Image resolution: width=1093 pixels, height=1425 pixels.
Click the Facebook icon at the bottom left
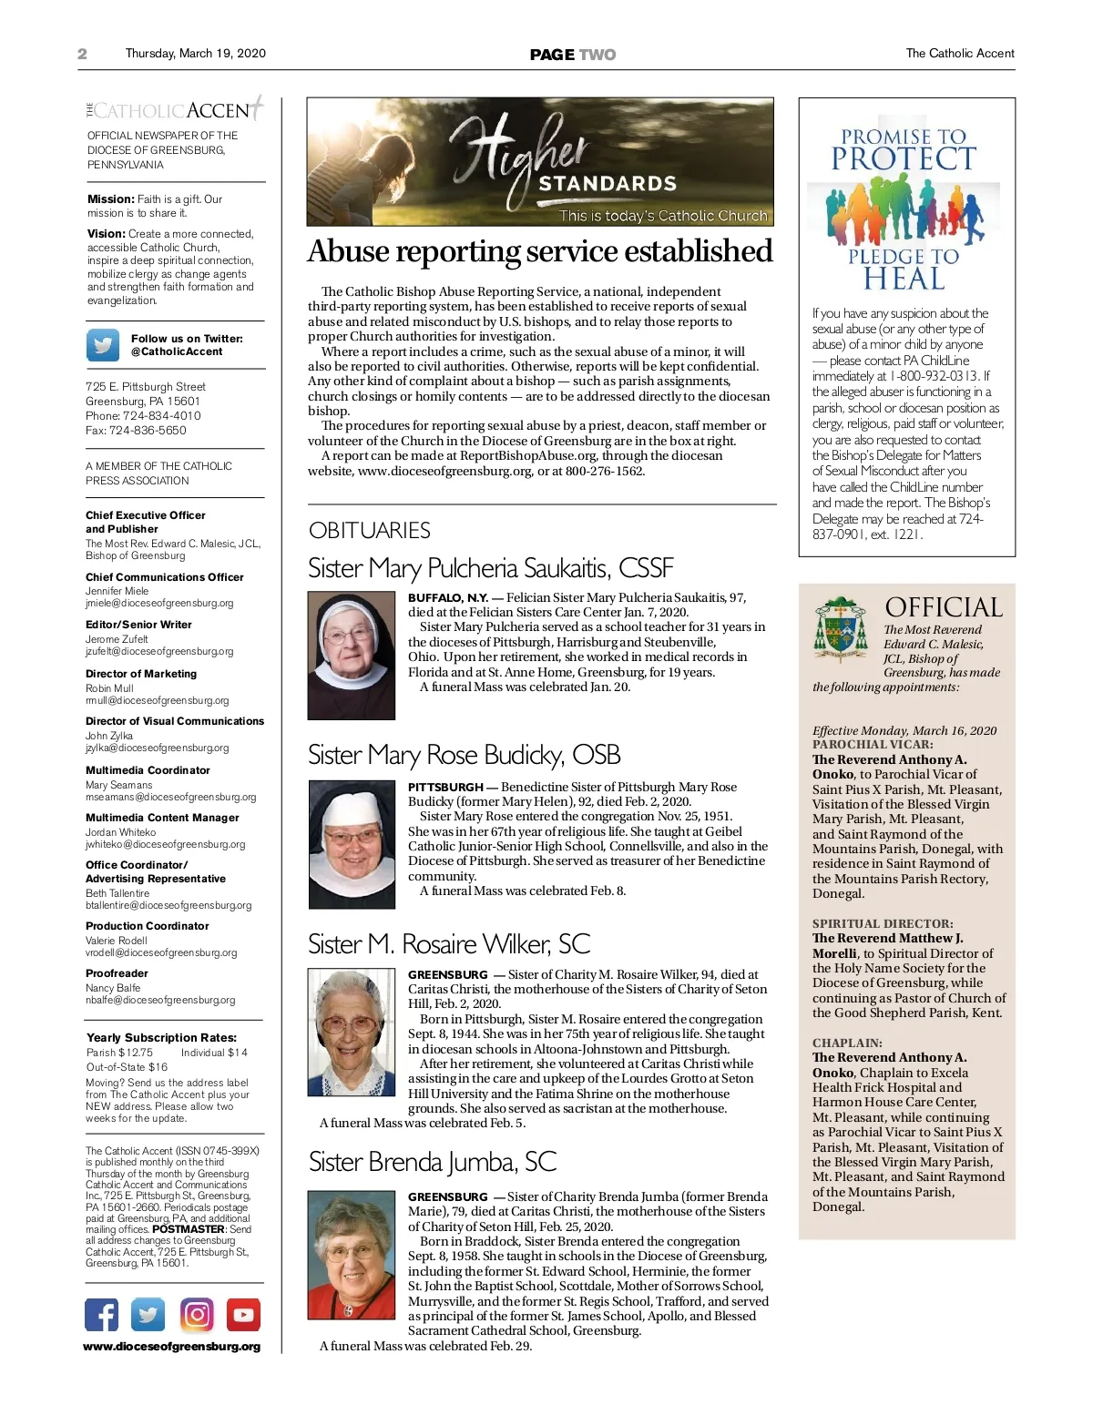coord(102,1315)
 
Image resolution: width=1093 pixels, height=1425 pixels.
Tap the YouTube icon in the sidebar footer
coord(243,1315)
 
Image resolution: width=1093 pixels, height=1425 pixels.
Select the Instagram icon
coord(197,1315)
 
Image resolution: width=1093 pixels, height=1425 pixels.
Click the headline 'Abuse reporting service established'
coord(540,251)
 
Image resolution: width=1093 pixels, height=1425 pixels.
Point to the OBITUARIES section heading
coord(369,530)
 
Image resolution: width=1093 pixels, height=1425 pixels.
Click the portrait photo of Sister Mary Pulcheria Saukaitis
coord(352,656)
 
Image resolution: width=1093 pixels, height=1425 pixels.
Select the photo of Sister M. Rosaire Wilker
coord(352,1032)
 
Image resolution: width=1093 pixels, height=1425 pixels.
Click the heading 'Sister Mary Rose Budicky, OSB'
coord(464,755)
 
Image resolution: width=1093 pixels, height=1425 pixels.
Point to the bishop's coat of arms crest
coord(841,627)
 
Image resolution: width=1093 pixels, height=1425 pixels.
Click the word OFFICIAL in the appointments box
coord(944,607)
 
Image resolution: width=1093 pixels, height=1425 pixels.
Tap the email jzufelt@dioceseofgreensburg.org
coord(159,652)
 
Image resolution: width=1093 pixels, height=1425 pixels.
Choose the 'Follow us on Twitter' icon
coord(103,345)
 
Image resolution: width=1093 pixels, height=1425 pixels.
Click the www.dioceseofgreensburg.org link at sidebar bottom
coord(172,1347)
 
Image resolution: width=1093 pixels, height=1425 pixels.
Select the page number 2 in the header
coord(82,54)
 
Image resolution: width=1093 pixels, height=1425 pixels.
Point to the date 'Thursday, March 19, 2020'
coord(195,54)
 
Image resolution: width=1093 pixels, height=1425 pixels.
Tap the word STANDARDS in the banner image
coord(608,184)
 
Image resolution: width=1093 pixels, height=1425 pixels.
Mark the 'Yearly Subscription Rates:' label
coord(161,1037)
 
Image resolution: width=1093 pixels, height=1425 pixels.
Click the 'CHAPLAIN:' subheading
coord(847,1043)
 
